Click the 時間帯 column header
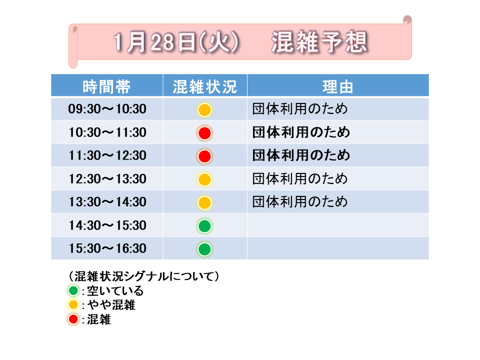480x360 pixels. click(x=106, y=86)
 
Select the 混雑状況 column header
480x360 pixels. click(x=205, y=86)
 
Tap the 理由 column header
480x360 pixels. click(x=338, y=86)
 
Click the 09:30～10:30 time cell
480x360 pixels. click(x=107, y=109)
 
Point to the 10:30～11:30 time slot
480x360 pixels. click(x=107, y=132)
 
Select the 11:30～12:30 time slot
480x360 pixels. click(x=107, y=155)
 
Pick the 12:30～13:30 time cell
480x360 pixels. click(x=107, y=179)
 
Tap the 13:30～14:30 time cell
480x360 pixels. click(x=107, y=202)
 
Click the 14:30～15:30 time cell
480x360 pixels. click(x=107, y=225)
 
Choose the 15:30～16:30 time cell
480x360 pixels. click(x=107, y=248)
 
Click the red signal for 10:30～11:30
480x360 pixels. click(x=204, y=133)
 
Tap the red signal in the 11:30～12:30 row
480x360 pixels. click(x=204, y=156)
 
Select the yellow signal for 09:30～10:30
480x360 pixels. click(x=204, y=110)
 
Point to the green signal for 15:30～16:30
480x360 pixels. click(x=204, y=249)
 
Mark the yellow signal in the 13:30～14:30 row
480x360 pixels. click(x=204, y=202)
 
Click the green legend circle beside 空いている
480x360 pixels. click(x=73, y=290)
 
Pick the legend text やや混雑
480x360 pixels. click(x=111, y=305)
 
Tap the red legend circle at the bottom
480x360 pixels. click(x=73, y=319)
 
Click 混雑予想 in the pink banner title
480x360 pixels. click(x=319, y=42)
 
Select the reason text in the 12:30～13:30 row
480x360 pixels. click(x=300, y=179)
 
